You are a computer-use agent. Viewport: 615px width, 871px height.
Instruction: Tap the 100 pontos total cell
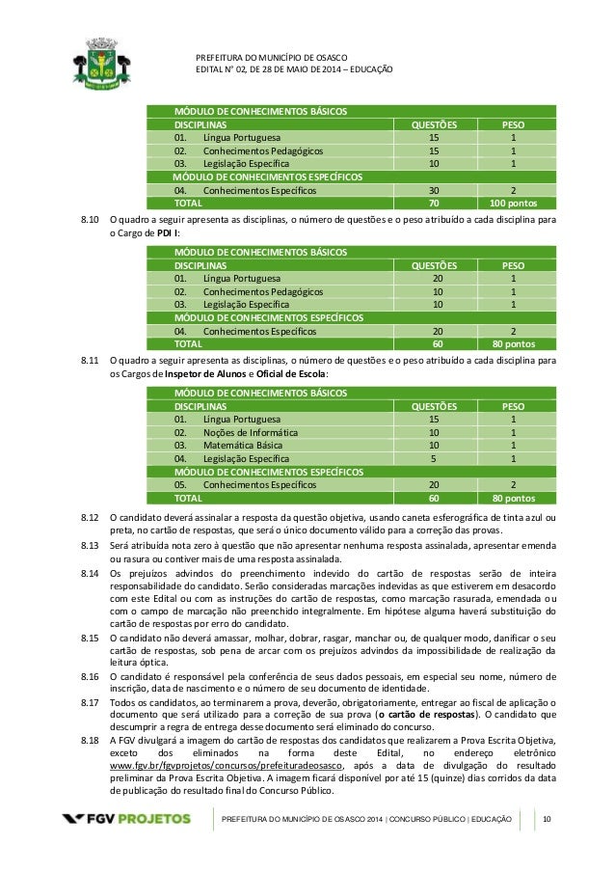513,204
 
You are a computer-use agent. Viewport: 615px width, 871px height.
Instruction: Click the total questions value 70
433,204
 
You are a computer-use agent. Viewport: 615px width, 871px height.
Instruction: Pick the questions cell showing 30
433,191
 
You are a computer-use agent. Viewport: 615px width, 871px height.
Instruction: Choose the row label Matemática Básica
240,446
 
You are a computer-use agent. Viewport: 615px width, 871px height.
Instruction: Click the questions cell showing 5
433,459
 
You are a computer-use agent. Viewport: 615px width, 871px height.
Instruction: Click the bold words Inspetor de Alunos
189,373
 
